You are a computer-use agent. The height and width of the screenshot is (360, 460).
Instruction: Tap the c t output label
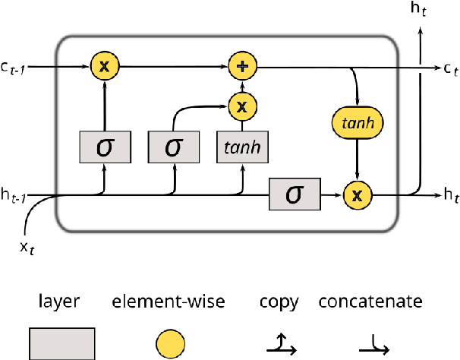(x=441, y=69)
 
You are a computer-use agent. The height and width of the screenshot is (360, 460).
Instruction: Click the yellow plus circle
(x=241, y=67)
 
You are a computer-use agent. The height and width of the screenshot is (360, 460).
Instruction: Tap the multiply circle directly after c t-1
(x=105, y=67)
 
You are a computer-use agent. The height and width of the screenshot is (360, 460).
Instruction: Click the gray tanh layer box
(x=241, y=147)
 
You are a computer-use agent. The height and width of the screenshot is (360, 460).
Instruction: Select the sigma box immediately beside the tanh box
(x=174, y=147)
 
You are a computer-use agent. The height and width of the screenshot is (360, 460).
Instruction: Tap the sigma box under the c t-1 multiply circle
(x=105, y=147)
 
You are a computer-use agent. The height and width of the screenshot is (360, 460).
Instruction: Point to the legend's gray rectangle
(x=62, y=343)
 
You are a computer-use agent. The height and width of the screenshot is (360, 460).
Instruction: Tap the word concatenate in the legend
(x=370, y=302)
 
